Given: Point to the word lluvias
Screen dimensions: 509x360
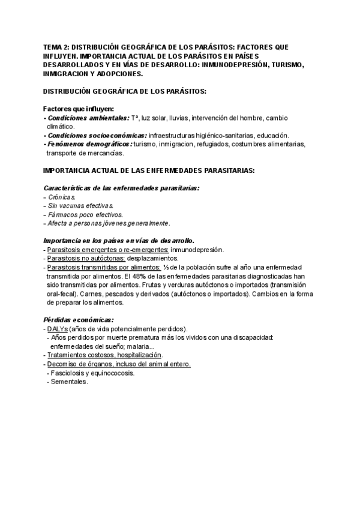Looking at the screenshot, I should tap(182, 118).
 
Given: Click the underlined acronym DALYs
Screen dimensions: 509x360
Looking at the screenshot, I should tap(58, 329).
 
